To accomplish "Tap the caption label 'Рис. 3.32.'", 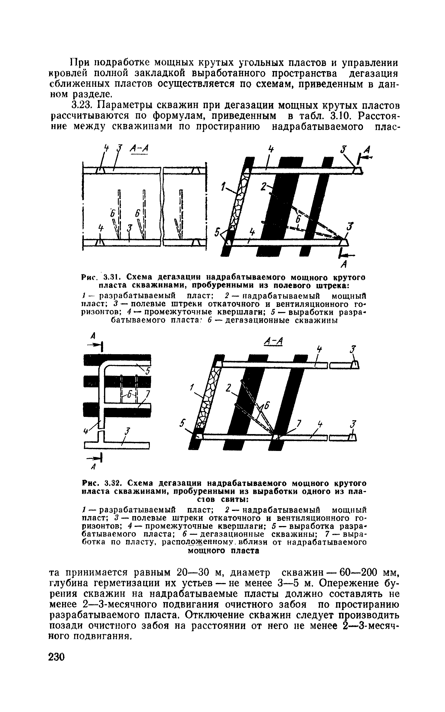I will point(101,483).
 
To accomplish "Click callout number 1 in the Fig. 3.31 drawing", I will point(223,188).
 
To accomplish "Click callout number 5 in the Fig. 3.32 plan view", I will point(147,372).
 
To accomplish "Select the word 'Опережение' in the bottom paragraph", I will point(347,583).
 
